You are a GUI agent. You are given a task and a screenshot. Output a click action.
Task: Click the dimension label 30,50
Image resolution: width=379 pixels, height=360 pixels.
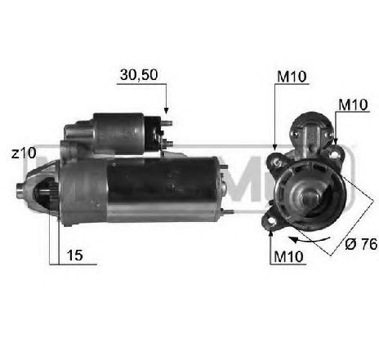[138, 74]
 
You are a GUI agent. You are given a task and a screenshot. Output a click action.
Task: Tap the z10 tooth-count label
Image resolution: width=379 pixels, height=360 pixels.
[24, 152]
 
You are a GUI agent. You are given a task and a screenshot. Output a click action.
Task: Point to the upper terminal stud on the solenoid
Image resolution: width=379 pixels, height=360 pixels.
[169, 125]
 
